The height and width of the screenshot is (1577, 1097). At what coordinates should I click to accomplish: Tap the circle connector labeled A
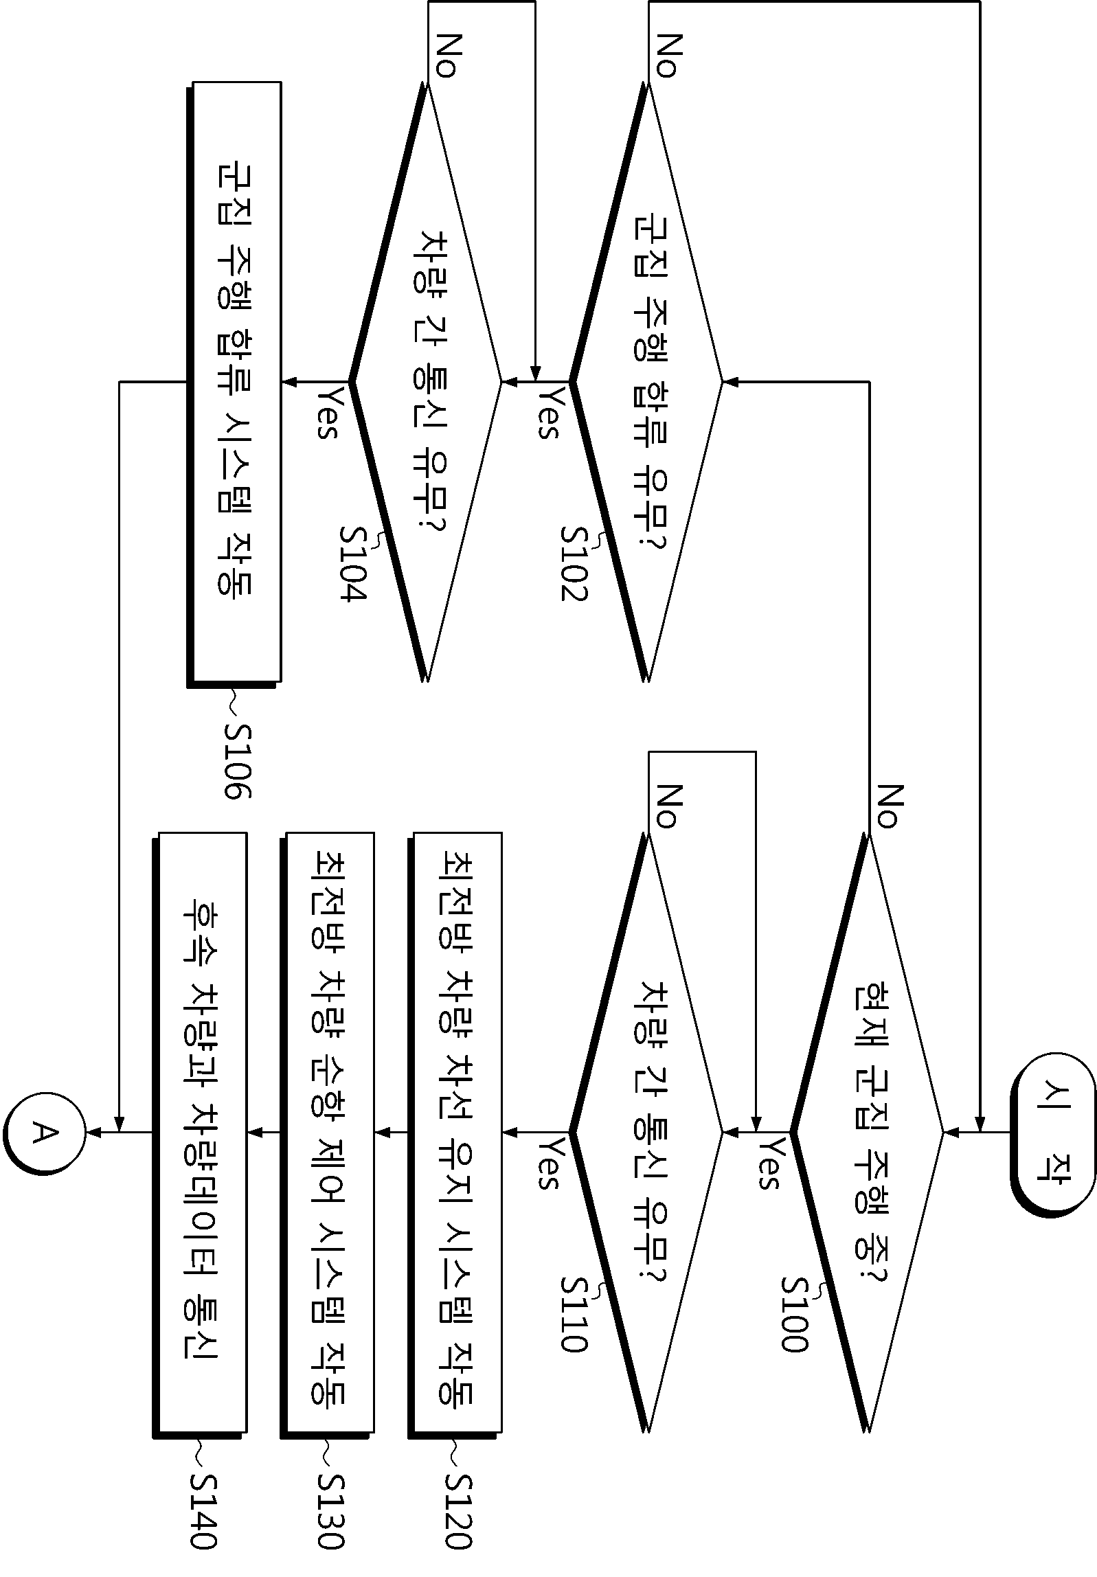click(43, 1133)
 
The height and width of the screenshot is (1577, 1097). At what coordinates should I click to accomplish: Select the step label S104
click(354, 564)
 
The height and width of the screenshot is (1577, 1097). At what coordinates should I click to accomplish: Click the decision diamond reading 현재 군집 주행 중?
click(867, 1133)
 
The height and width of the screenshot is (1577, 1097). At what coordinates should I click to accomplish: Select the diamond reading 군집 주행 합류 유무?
click(646, 382)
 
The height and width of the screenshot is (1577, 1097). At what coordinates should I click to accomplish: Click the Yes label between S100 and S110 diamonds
click(769, 1164)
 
